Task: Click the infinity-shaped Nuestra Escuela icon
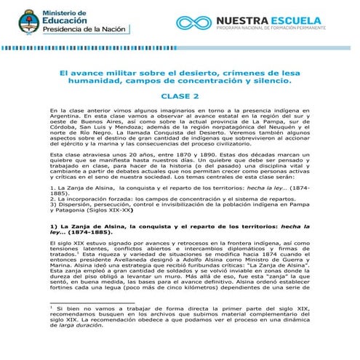(x=194, y=23)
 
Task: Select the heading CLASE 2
(x=179, y=95)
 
